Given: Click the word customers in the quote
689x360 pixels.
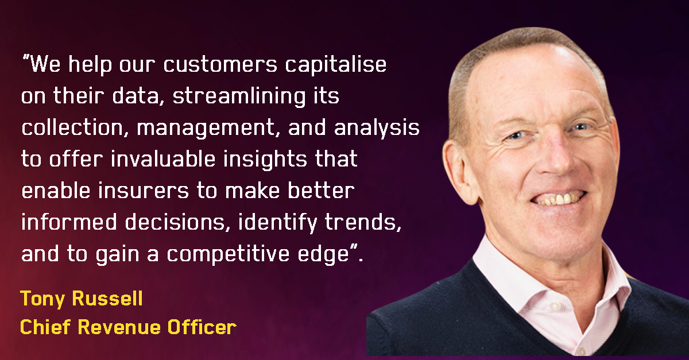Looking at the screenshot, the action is pyautogui.click(x=220, y=65).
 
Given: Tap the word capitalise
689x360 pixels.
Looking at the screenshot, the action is pyautogui.click(x=335, y=65).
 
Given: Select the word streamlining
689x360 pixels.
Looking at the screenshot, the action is pyautogui.click(x=239, y=96).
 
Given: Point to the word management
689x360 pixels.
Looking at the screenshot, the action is pyautogui.click(x=206, y=127).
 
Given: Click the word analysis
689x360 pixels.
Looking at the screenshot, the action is pyautogui.click(x=377, y=127).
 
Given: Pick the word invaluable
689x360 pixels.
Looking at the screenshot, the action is pyautogui.click(x=163, y=159).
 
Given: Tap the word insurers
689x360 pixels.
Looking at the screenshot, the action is pyautogui.click(x=144, y=191).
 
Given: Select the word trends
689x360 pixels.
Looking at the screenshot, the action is pyautogui.click(x=363, y=222).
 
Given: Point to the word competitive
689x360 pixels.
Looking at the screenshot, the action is pyautogui.click(x=228, y=254).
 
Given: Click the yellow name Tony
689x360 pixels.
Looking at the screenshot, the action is pyautogui.click(x=42, y=299).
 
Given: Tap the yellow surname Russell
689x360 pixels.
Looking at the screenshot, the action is pyautogui.click(x=107, y=298).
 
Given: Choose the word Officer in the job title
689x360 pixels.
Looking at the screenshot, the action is pyautogui.click(x=202, y=327).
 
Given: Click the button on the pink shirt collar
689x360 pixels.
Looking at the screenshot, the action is pyautogui.click(x=555, y=305).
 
